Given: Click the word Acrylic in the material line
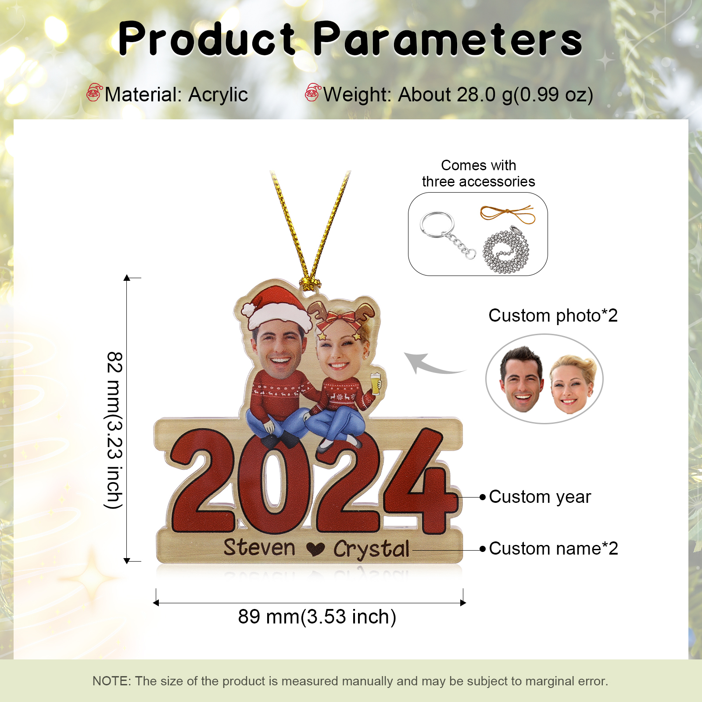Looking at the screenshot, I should pyautogui.click(x=218, y=95).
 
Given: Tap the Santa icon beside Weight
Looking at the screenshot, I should pyautogui.click(x=313, y=93).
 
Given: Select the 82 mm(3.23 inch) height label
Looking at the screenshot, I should pyautogui.click(x=115, y=430).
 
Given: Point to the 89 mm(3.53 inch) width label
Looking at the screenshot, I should pyautogui.click(x=317, y=616).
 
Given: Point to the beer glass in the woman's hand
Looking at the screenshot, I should pyautogui.click(x=376, y=383).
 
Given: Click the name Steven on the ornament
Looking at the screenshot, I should pyautogui.click(x=259, y=548).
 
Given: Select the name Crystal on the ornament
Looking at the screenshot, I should pyautogui.click(x=371, y=549).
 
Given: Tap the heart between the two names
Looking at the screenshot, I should pyautogui.click(x=315, y=548).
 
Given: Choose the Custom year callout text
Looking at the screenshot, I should pyautogui.click(x=540, y=497).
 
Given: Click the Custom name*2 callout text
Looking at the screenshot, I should pyautogui.click(x=553, y=548).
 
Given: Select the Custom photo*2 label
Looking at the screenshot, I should pyautogui.click(x=553, y=315).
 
